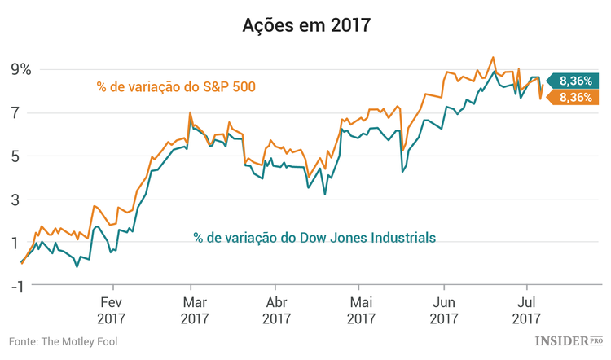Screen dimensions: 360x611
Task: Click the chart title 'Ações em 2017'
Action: point(305,25)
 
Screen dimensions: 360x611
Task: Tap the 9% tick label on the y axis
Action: point(21,70)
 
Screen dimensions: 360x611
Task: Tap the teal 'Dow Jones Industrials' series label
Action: point(314,238)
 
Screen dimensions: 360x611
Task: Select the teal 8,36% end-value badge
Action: point(575,80)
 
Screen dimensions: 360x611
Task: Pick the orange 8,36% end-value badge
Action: point(575,97)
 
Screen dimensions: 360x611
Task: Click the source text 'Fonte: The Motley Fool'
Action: point(64,341)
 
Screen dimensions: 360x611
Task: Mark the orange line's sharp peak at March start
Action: point(190,112)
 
